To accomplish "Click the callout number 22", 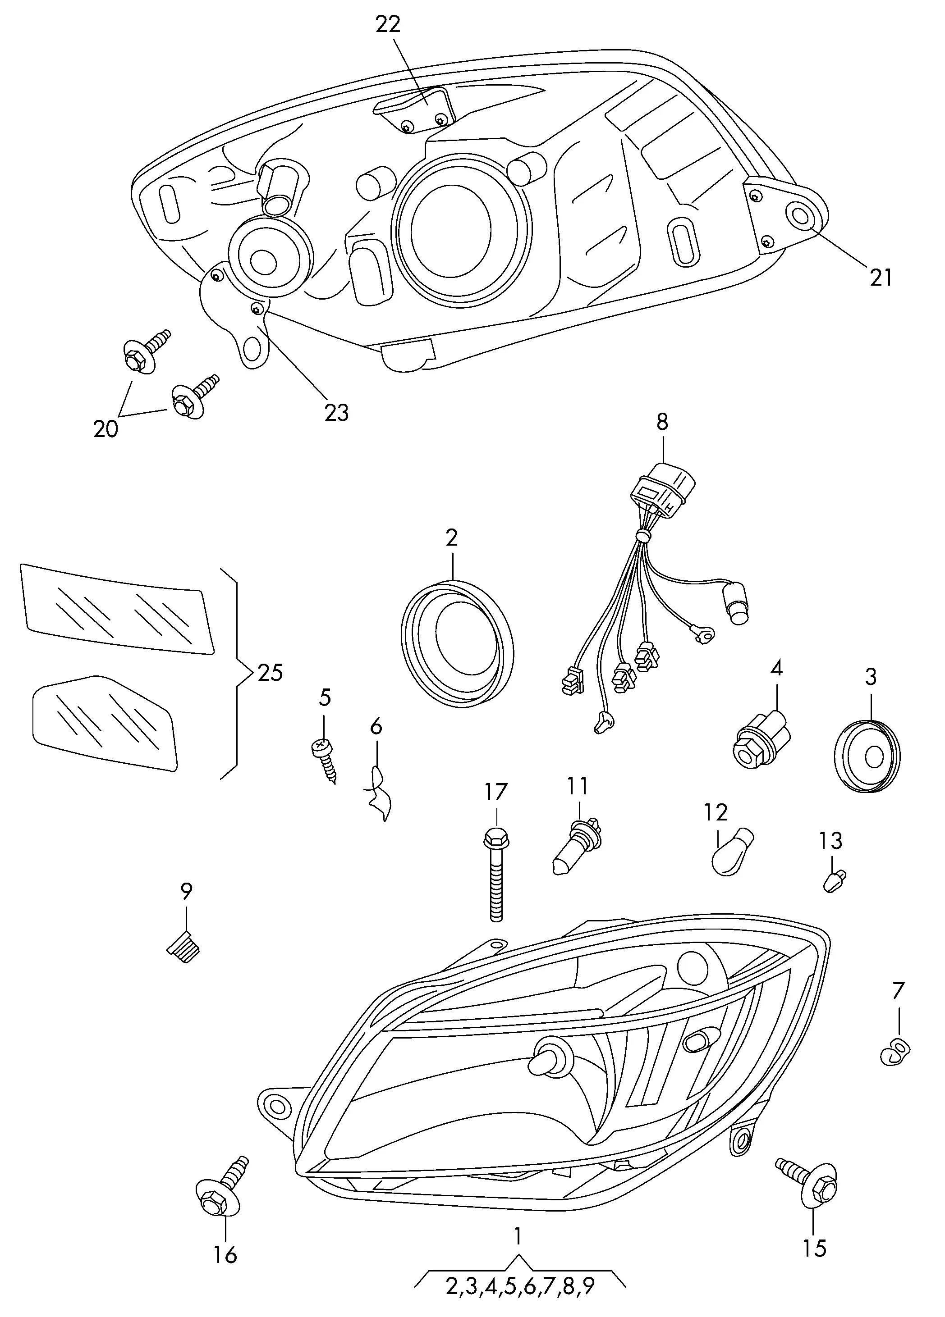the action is tap(388, 25).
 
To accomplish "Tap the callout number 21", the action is tap(881, 278).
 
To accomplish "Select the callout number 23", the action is tap(336, 413).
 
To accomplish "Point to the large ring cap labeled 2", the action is tap(457, 645).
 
